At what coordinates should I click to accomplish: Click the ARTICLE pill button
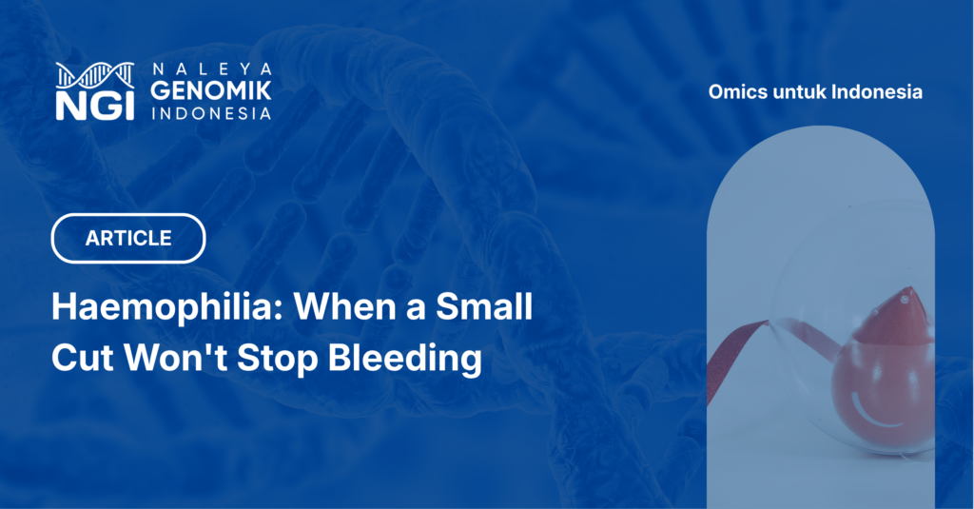128,238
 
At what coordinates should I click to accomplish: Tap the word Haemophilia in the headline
167,307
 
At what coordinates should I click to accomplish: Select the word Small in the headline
484,306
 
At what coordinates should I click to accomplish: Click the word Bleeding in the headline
404,359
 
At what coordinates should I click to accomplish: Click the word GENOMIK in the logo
211,90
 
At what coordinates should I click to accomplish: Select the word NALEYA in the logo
212,69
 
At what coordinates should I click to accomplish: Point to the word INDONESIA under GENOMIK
211,113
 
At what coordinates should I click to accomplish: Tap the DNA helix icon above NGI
95,75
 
